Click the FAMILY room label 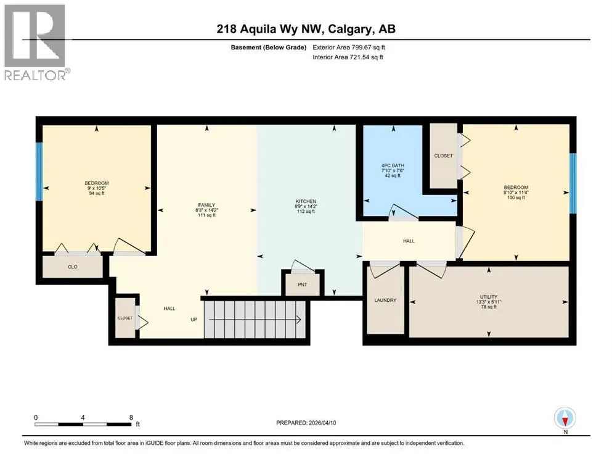click(206, 205)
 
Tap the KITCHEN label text click(306, 201)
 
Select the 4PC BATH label click(393, 165)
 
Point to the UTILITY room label click(489, 297)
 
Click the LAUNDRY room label click(385, 300)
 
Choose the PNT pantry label click(303, 285)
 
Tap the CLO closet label click(73, 267)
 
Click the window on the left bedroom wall click(39, 172)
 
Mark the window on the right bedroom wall click(573, 183)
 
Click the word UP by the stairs click(194, 319)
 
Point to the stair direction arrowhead click(298, 320)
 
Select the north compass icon click(565, 418)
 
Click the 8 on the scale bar click(131, 417)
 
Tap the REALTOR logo click(35, 42)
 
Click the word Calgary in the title click(349, 29)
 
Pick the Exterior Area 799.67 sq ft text click(349, 48)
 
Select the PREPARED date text click(306, 423)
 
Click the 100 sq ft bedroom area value click(516, 197)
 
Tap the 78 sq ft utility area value click(489, 307)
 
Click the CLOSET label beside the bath click(443, 156)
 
